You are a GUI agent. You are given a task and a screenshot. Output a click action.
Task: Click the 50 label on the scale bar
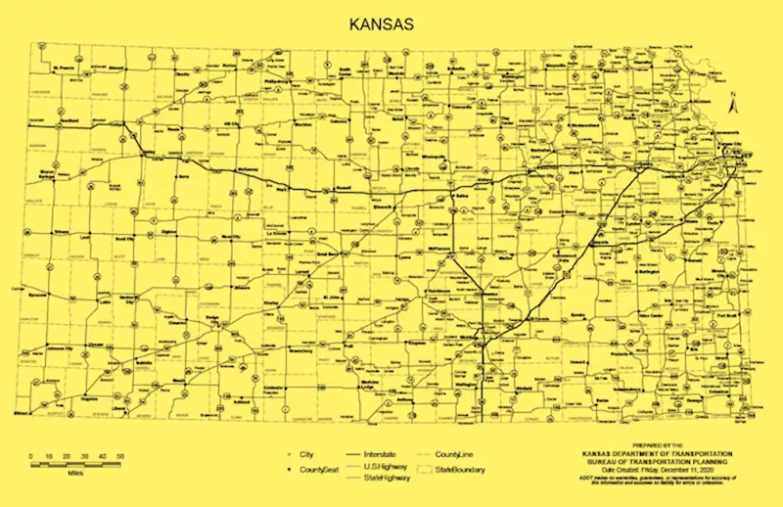(x=119, y=457)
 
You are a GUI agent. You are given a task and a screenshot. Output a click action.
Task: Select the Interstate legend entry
(x=357, y=455)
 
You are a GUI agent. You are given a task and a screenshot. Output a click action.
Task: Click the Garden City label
(x=125, y=297)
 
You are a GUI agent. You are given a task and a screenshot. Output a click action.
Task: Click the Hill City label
(x=233, y=123)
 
